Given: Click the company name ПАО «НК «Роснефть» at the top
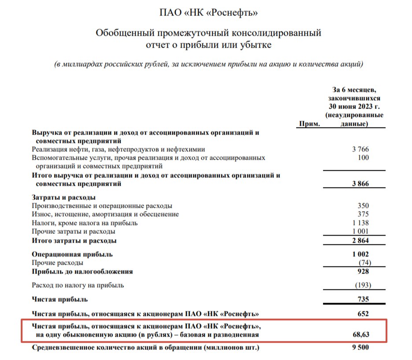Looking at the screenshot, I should [x=208, y=13].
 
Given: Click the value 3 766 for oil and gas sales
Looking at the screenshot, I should [x=360, y=150].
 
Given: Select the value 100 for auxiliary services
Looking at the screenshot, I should [x=364, y=158].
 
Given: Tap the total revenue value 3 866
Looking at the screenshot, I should [x=360, y=184].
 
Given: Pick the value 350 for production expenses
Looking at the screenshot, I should [x=364, y=206].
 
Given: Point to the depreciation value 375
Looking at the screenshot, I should [x=364, y=214].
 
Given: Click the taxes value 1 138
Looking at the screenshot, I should [x=360, y=223].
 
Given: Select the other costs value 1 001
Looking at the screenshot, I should [x=360, y=232].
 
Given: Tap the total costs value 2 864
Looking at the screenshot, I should [x=360, y=241].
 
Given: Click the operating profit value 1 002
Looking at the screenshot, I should [x=360, y=254].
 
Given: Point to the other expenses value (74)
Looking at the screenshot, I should [x=364, y=262].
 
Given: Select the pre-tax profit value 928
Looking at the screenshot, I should [x=364, y=271].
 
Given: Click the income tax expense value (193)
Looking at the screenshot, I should [x=363, y=285].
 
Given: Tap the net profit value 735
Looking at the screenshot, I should [x=364, y=300].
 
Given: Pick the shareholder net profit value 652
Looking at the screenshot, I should [x=364, y=314].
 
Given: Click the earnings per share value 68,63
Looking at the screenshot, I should [x=361, y=335].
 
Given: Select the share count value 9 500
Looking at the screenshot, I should [x=360, y=348].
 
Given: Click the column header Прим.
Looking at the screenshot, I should [x=309, y=124].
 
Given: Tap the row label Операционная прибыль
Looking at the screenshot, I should [x=72, y=254].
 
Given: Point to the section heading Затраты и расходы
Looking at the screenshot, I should [x=64, y=197].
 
